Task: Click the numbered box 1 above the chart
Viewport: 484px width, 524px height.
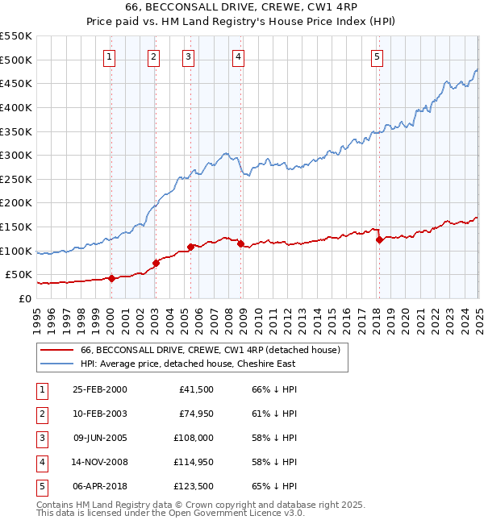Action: click(x=109, y=56)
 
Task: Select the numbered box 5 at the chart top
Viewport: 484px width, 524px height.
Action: click(x=378, y=56)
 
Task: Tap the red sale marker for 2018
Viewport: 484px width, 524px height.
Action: click(x=379, y=239)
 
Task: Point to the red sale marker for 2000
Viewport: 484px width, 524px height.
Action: click(x=112, y=279)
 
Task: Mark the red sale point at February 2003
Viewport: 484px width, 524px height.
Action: click(x=156, y=263)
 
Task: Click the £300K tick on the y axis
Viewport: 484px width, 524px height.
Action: click(x=16, y=155)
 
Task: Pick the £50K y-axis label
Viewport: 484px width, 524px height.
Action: click(x=19, y=274)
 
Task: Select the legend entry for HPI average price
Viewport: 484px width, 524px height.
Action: click(x=187, y=364)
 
